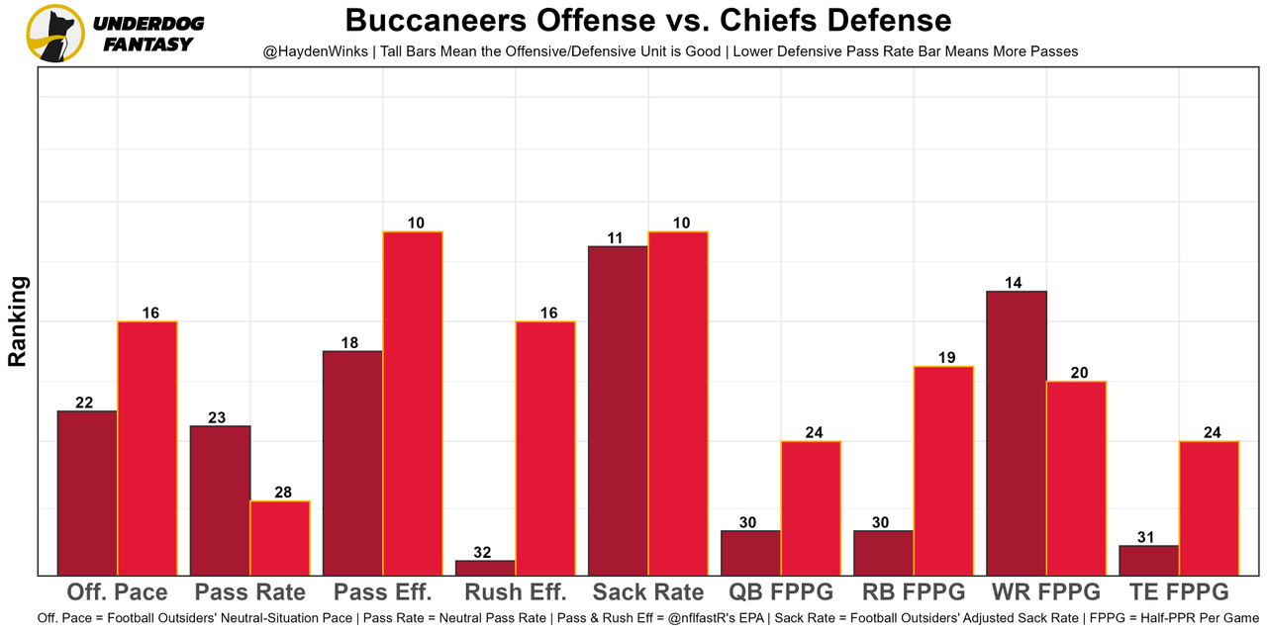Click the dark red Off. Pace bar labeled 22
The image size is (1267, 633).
coord(87,493)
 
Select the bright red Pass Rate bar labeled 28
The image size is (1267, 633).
coord(280,537)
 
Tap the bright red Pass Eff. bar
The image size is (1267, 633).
coord(413,403)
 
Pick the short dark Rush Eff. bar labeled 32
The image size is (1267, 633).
coord(485,568)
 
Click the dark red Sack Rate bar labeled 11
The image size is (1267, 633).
coord(618,409)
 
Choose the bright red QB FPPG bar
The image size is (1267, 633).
coord(811,507)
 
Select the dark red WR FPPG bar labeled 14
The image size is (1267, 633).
coord(1017,432)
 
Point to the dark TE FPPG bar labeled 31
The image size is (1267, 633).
coord(1148,560)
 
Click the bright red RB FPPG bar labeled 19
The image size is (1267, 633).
coord(943,470)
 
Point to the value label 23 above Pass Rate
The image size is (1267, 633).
coord(217,417)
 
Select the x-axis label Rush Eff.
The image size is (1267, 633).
coord(516,592)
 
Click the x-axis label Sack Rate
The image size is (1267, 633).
coord(648,592)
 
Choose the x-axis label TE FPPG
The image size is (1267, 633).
coord(1178,592)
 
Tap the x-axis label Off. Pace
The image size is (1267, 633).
coord(117,592)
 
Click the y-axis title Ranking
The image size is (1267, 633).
coord(18,321)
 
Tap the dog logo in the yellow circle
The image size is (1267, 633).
coord(55,33)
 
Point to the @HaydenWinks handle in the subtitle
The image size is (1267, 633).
coord(314,50)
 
